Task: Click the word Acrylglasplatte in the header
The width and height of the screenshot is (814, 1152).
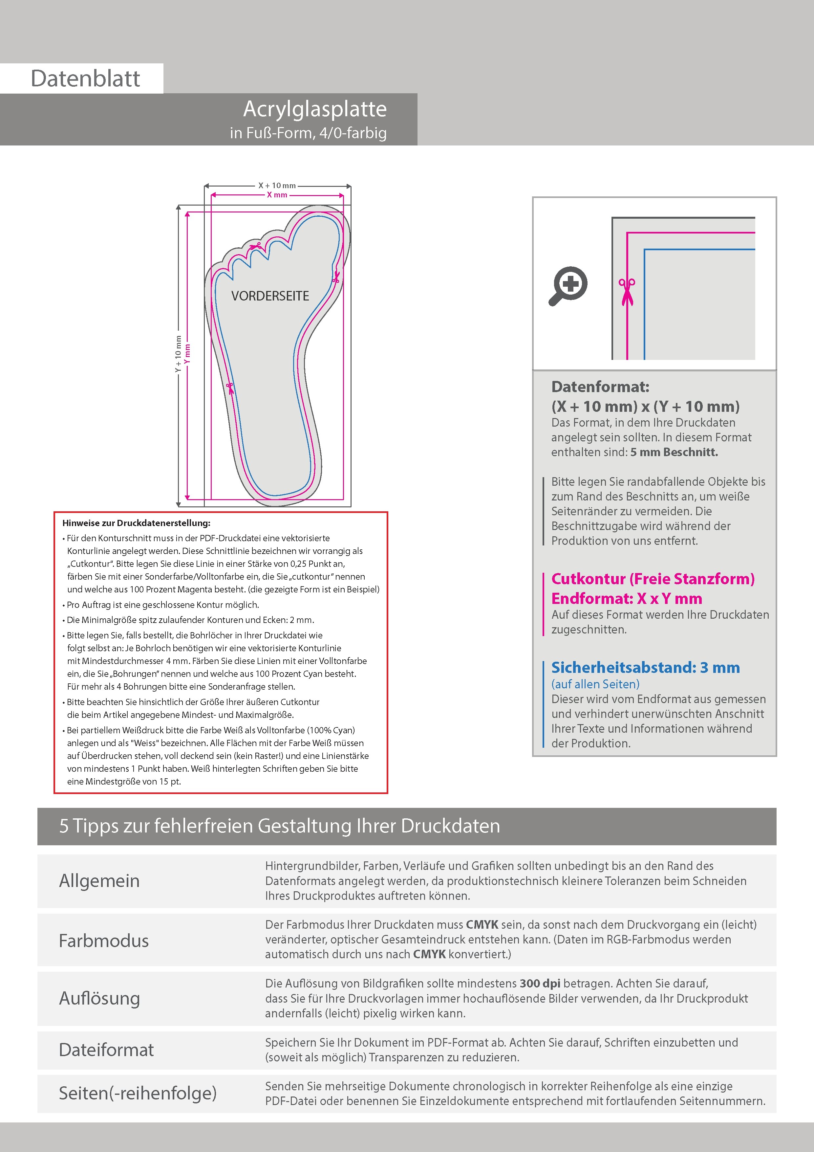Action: [x=315, y=109]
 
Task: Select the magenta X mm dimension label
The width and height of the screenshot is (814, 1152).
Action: [x=277, y=195]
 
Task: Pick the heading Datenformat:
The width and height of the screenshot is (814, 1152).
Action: [x=600, y=387]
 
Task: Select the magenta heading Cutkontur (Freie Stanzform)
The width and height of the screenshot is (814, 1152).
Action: [x=653, y=579]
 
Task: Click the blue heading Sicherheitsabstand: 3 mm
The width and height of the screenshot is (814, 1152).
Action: [x=645, y=668]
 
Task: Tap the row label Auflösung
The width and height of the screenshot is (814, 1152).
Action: [x=99, y=998]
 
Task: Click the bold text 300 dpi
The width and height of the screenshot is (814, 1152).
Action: [x=540, y=984]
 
